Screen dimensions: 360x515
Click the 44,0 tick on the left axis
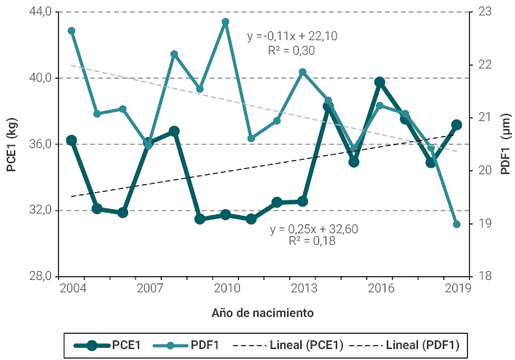coord(38,12)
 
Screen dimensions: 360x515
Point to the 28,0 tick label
coord(38,276)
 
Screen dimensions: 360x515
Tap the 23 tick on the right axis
coord(484,12)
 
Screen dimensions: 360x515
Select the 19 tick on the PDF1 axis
coord(484,224)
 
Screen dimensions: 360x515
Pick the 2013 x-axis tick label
coord(303,289)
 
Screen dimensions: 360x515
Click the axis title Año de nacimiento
coord(262,313)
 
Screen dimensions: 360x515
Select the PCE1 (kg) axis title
coord(12,145)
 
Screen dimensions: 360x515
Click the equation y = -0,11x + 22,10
coord(291,36)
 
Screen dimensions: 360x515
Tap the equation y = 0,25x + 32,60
coord(313,229)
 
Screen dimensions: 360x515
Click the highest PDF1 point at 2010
coord(226,22)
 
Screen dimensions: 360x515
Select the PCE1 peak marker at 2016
coord(380,82)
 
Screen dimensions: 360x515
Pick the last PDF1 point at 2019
coord(457,224)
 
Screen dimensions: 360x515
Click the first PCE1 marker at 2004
coord(71,140)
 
